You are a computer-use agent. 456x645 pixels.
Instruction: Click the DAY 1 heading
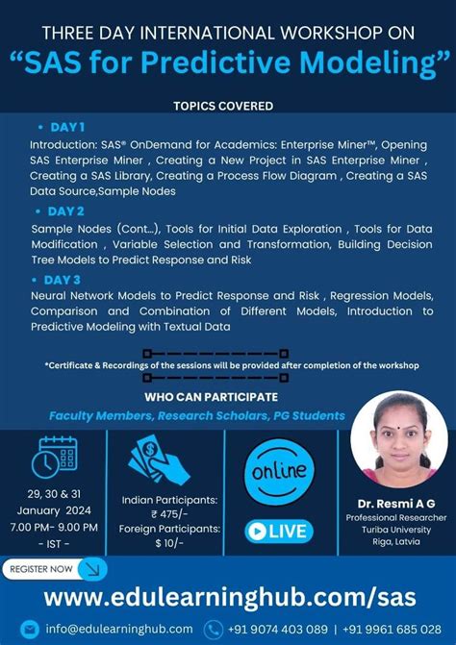(x=66, y=126)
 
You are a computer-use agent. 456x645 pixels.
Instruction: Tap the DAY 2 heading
(x=66, y=211)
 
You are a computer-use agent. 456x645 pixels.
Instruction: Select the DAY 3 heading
(x=66, y=279)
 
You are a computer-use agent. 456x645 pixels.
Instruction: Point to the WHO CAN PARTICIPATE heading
(x=211, y=396)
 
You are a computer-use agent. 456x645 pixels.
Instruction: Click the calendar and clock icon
(x=54, y=457)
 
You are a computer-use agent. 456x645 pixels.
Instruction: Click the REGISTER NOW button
(x=54, y=569)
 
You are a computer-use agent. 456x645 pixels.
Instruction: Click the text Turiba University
(x=398, y=530)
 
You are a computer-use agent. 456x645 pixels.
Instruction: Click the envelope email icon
(x=31, y=629)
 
